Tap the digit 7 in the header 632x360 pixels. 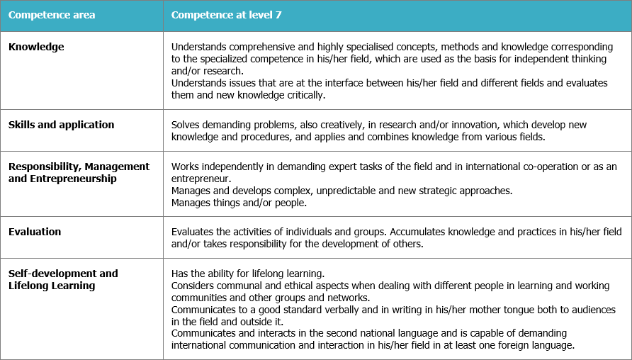point(278,15)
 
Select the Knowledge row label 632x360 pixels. point(36,47)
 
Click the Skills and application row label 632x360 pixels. point(61,125)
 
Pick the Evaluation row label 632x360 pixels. point(35,232)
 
